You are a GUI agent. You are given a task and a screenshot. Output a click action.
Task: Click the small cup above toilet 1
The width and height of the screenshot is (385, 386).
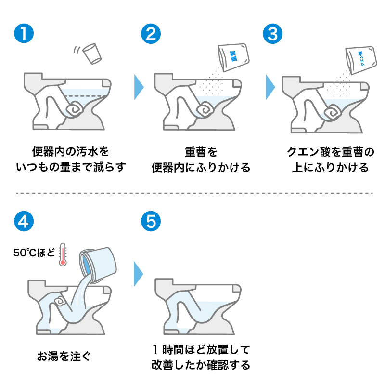tap(92, 53)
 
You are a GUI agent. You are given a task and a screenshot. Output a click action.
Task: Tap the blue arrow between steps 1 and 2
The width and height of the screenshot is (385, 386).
tap(139, 87)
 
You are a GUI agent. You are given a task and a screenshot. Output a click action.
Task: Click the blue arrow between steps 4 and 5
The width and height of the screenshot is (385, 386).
tap(139, 274)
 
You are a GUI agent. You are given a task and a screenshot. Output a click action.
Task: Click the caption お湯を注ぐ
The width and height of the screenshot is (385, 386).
tap(63, 357)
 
